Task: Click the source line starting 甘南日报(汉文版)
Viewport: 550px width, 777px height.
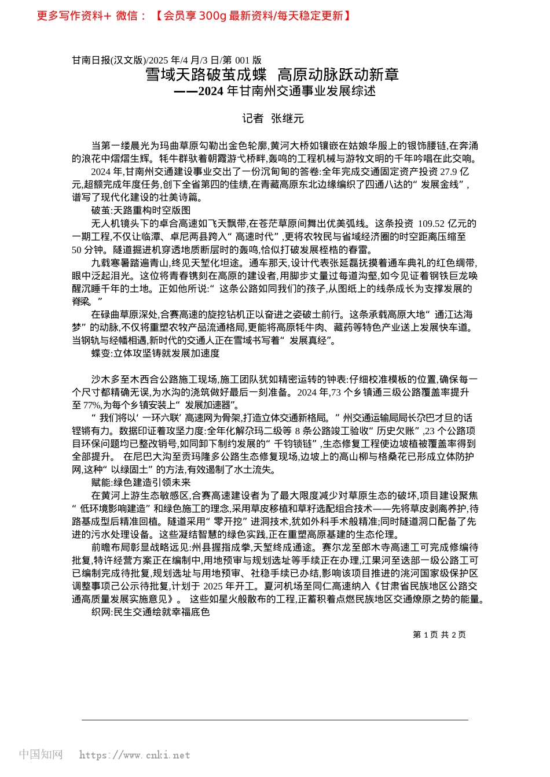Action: click(167, 60)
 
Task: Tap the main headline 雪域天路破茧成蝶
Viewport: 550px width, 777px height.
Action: click(206, 75)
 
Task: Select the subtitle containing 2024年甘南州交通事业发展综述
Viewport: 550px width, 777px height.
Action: click(275, 91)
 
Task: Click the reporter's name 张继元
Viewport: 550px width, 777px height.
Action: click(287, 119)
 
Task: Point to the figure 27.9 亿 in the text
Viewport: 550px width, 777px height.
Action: click(454, 172)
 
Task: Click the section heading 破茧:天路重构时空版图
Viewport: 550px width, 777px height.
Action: click(141, 210)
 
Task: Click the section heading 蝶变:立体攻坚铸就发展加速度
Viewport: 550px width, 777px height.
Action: click(155, 353)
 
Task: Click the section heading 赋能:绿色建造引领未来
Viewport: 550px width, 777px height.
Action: click(141, 483)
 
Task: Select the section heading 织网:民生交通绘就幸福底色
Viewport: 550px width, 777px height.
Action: click(150, 612)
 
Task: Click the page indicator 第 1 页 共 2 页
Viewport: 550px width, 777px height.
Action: click(439, 635)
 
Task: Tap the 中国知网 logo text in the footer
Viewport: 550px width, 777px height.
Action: click(41, 754)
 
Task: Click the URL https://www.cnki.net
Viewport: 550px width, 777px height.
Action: click(134, 755)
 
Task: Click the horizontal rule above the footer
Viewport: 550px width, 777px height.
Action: click(275, 720)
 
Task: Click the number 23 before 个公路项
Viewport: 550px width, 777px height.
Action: click(429, 431)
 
